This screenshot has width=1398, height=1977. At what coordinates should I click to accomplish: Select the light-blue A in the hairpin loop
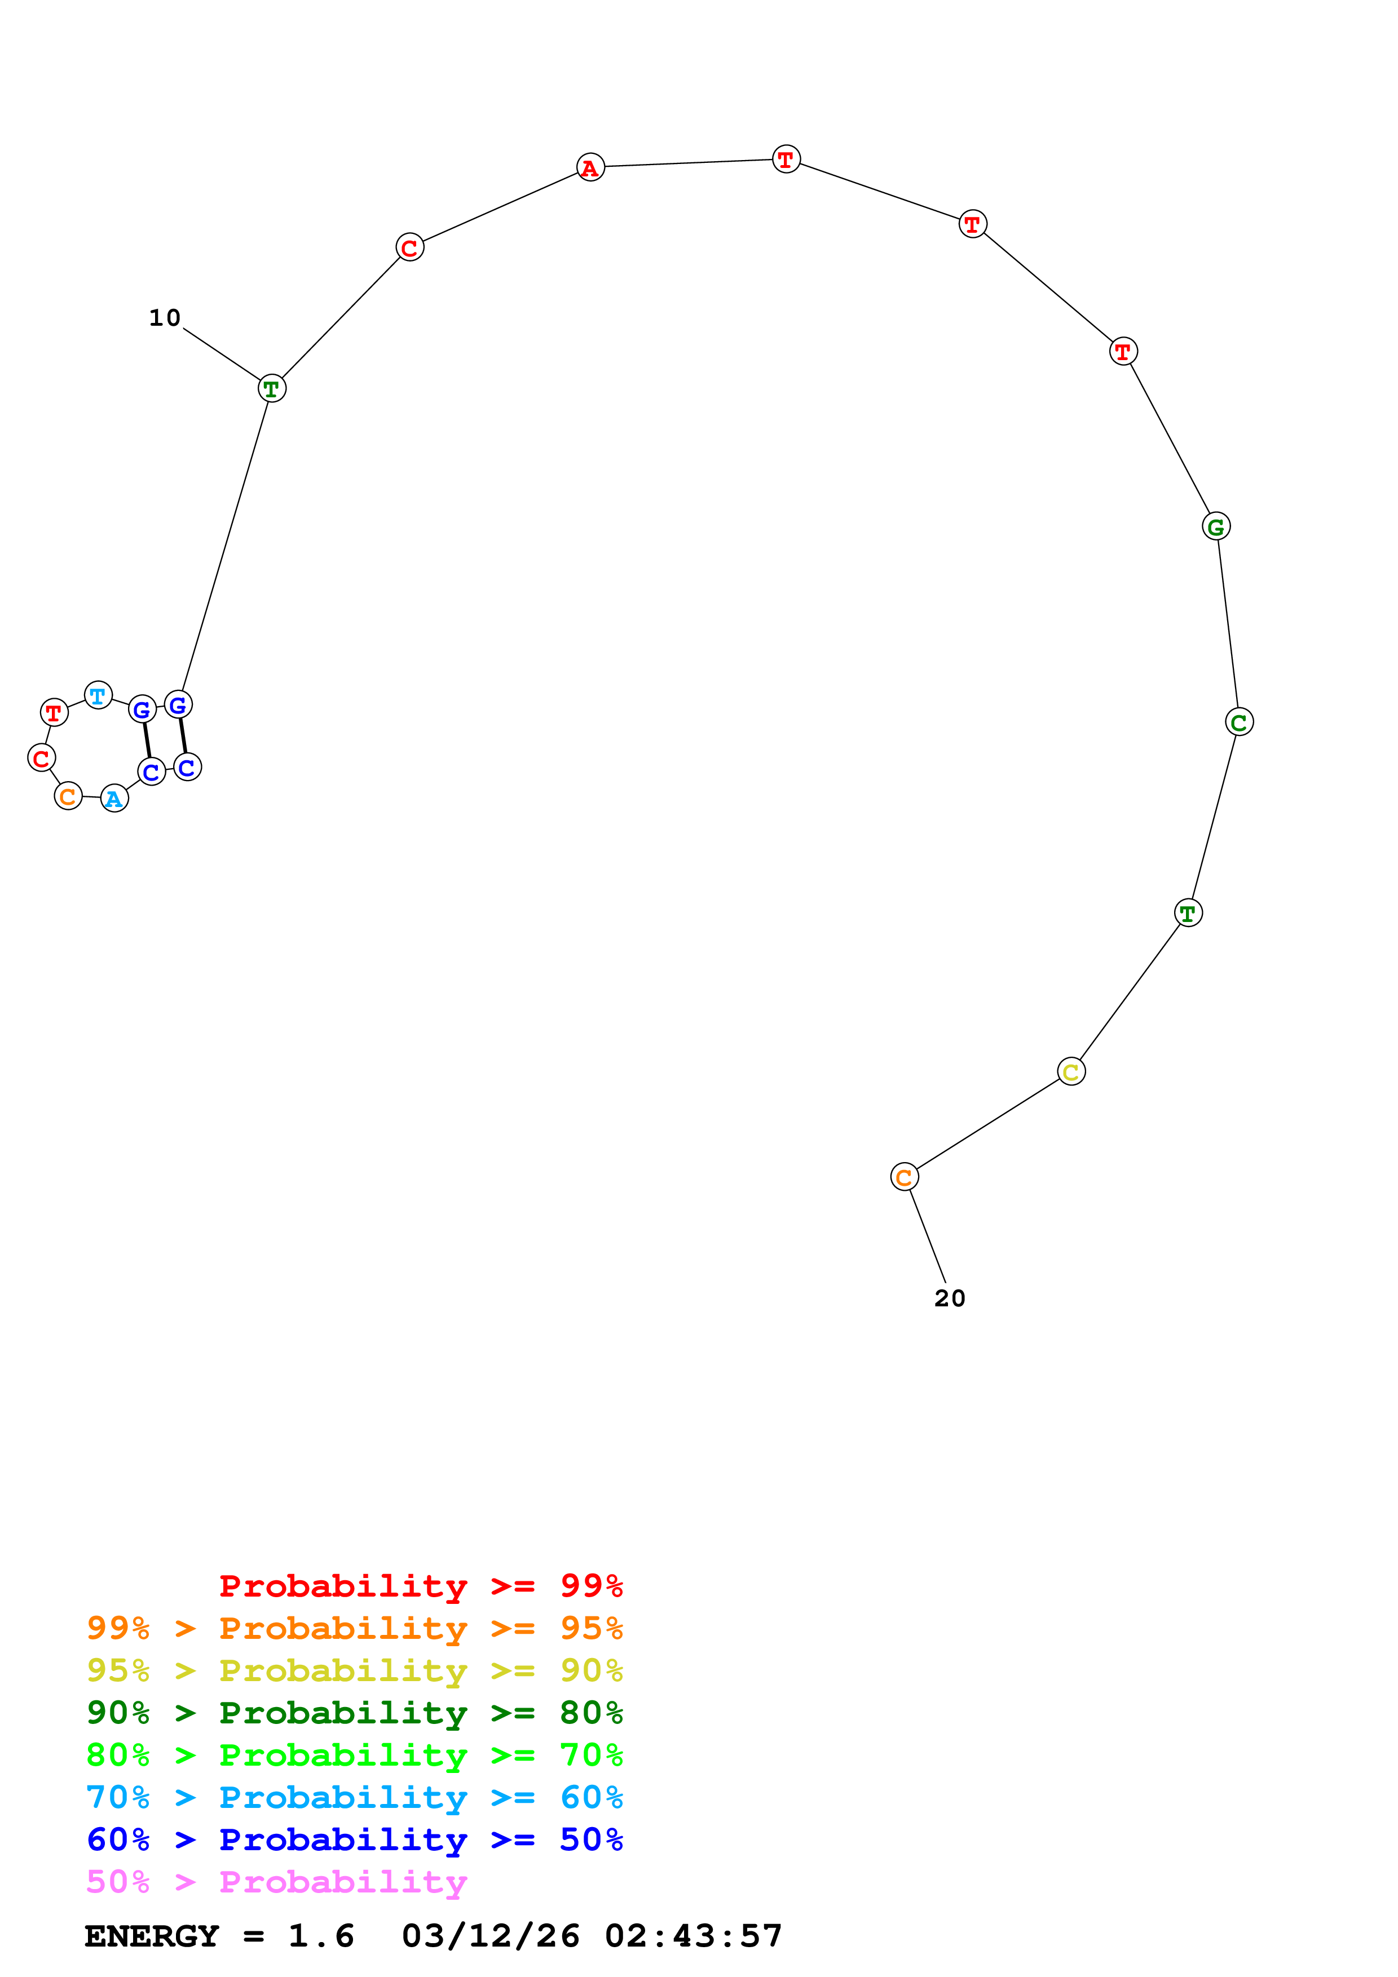coord(114,799)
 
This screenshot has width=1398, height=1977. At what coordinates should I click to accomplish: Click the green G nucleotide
coord(1215,526)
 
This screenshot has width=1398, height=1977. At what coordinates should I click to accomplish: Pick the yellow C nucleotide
coord(1071,1071)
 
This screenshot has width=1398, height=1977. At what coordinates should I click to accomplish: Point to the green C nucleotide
coord(1238,722)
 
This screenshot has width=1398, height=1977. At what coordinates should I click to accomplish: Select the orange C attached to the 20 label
coord(903,1177)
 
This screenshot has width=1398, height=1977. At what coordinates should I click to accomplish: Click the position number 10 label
coord(165,318)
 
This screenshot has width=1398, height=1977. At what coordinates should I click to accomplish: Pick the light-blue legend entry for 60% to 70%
coord(354,1797)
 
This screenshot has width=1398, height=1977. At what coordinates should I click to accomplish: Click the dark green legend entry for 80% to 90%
coord(354,1713)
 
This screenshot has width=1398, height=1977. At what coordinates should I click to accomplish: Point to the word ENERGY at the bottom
coord(152,1936)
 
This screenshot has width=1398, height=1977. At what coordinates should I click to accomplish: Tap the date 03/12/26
coord(490,1936)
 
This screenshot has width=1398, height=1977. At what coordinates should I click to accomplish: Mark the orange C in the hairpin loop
coord(68,796)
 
